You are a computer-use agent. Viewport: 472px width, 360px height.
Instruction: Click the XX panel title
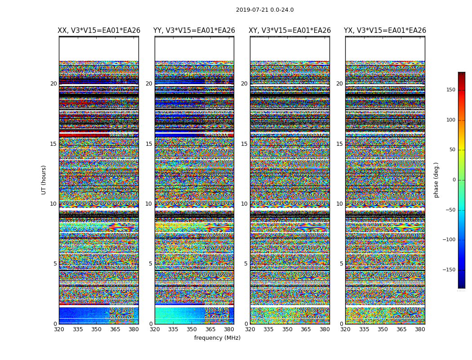coord(99,31)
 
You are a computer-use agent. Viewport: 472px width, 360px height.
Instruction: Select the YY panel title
coord(194,31)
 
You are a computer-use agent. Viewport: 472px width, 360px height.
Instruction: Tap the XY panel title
coord(290,31)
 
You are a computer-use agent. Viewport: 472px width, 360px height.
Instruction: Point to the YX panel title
coord(385,31)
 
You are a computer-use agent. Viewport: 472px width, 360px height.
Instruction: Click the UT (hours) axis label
coord(44,180)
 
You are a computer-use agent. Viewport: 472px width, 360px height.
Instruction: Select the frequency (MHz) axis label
coord(217,338)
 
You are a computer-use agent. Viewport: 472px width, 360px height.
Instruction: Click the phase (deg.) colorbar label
coord(436,180)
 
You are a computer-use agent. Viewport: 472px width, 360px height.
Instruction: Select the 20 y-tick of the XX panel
coord(53,84)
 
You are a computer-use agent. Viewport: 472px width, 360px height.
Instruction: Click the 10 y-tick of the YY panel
coord(149,204)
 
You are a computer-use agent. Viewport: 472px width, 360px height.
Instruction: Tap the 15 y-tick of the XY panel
coord(244,144)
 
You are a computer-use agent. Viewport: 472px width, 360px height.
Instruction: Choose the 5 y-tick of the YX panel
coord(341,264)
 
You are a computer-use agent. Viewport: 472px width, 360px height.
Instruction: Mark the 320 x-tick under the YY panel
coord(155,329)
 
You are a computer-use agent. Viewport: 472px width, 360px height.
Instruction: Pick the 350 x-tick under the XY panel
coord(287,329)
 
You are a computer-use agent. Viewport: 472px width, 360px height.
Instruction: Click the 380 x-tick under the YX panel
coord(420,329)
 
